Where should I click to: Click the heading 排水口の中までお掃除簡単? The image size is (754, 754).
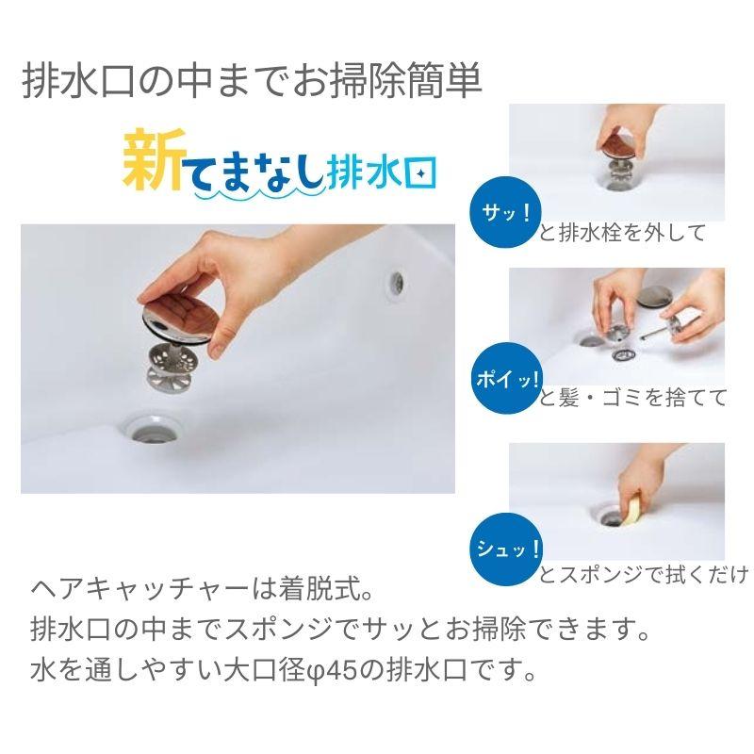[x=252, y=82]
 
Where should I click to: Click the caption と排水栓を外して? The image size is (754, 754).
[x=622, y=233]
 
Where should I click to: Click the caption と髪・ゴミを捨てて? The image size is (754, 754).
[x=633, y=398]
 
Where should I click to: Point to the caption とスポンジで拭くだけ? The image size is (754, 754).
[x=644, y=573]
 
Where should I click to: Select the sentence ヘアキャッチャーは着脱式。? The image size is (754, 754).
[x=204, y=594]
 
